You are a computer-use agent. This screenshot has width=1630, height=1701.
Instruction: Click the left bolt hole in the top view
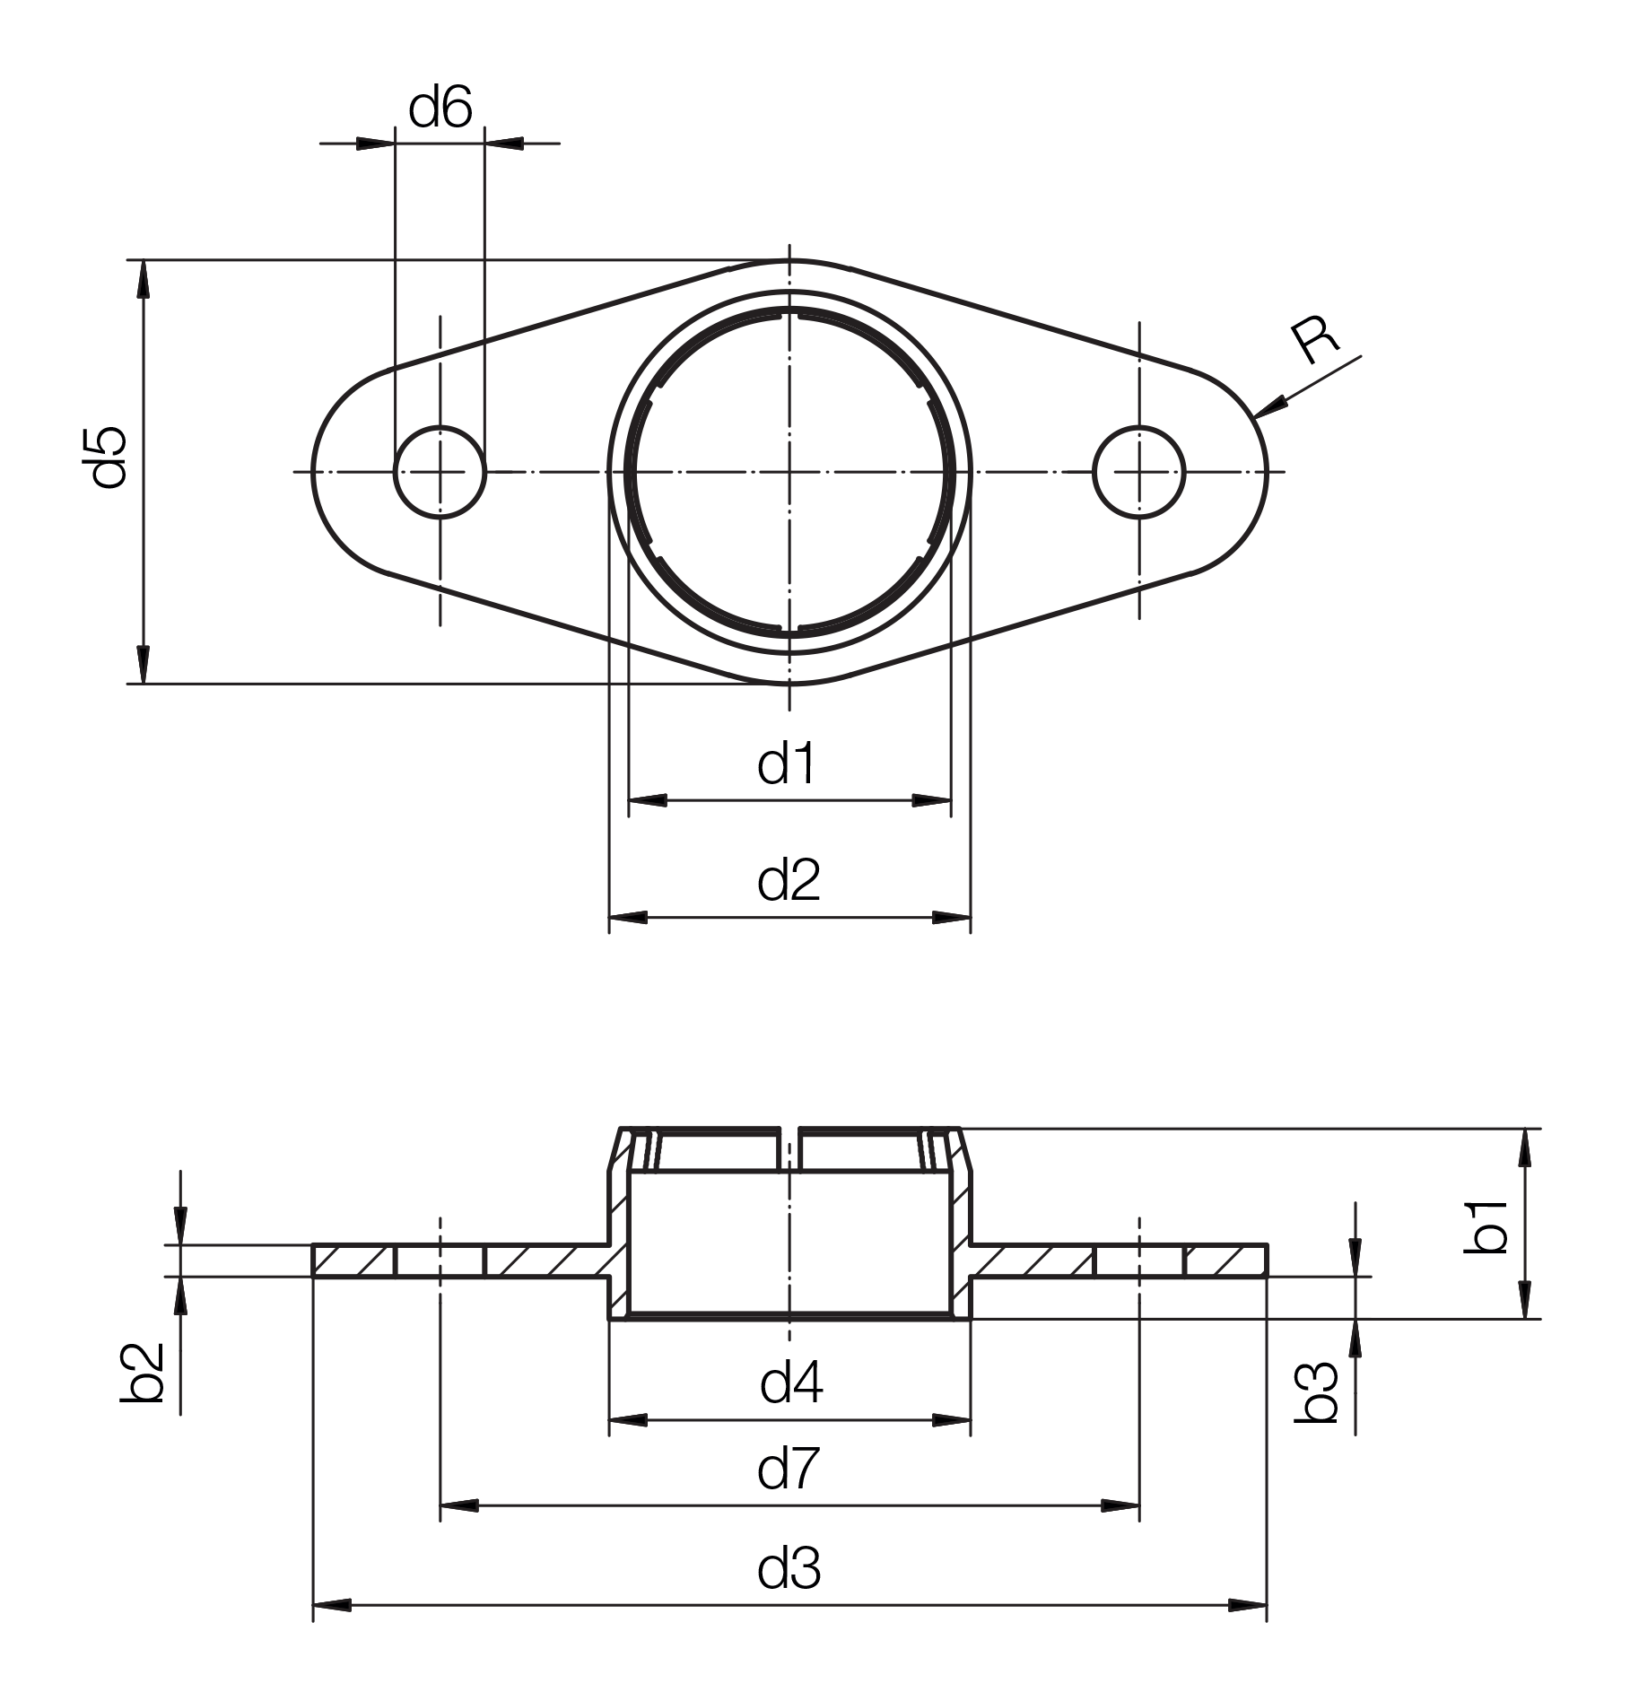[x=440, y=471]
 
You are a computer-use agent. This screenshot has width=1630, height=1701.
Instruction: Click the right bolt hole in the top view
[x=1139, y=471]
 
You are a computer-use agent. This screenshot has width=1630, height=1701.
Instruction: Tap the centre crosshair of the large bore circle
[x=789, y=471]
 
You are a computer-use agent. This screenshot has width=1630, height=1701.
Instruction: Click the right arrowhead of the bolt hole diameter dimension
[x=504, y=143]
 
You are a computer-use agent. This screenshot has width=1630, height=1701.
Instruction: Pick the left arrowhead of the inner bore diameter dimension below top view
[x=648, y=799]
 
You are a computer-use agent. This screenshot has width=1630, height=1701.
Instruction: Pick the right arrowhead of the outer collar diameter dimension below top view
[x=951, y=918]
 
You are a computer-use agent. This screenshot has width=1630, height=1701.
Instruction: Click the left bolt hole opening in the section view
[x=440, y=1260]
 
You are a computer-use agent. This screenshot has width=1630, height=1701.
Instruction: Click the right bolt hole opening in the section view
[x=1139, y=1260]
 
